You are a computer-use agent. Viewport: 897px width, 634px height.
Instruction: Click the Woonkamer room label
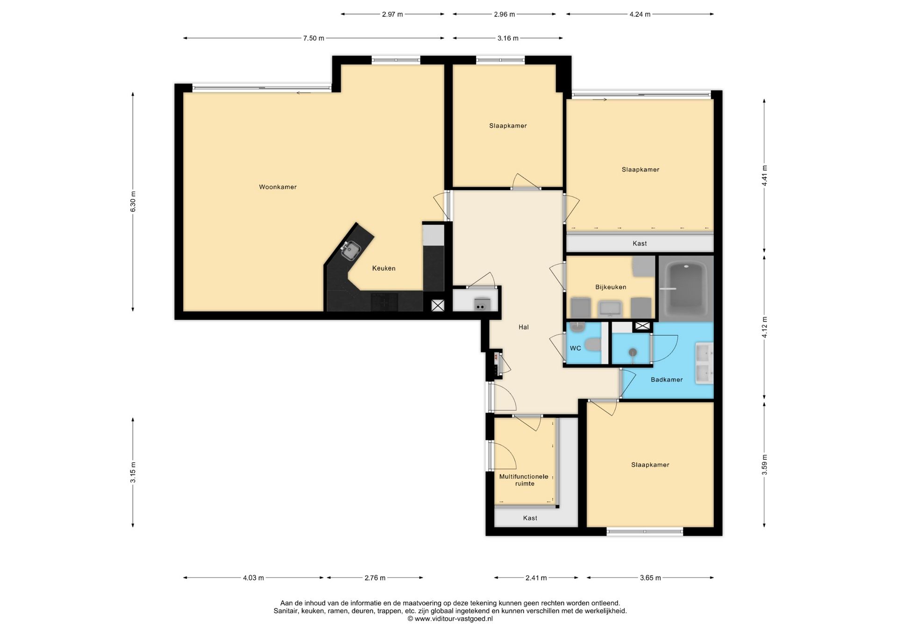point(278,187)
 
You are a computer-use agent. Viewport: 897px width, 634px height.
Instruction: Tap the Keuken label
point(384,268)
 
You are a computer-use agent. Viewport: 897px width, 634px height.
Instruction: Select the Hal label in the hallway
point(523,327)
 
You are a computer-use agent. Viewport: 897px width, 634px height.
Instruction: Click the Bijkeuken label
point(611,287)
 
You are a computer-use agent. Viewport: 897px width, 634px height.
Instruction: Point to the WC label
point(575,348)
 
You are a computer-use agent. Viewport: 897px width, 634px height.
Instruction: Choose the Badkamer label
point(667,380)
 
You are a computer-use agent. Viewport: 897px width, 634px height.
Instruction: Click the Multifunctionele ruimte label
point(524,480)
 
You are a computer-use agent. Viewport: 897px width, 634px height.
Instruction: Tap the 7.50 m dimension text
point(313,38)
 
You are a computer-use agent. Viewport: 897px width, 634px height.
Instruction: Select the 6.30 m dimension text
point(133,202)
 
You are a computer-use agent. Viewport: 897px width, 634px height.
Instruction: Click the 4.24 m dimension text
point(640,14)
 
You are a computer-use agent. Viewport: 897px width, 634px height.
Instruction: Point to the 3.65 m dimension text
point(650,578)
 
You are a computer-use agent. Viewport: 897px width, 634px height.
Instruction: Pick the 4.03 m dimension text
point(253,578)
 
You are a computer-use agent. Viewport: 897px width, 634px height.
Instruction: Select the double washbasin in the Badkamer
point(704,363)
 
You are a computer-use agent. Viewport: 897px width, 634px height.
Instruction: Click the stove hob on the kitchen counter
point(384,302)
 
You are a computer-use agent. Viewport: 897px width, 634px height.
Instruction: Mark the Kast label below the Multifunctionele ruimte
point(530,518)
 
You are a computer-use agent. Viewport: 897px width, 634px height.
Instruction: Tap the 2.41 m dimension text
point(536,578)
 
